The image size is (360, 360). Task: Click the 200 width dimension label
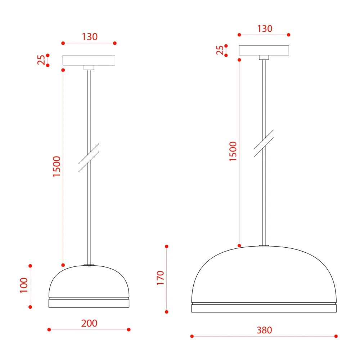pos(89,323)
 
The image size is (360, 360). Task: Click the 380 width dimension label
pos(264,330)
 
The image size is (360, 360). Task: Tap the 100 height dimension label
pos(24,285)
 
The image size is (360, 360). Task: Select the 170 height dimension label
pos(160,278)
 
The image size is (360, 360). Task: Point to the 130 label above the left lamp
pos(90,37)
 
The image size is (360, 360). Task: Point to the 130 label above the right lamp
pos(265,29)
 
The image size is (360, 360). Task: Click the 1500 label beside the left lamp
pos(57,166)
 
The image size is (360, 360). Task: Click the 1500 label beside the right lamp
pos(233,152)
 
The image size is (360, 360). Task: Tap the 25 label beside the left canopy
pos(41,60)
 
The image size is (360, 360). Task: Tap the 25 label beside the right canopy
pos(220,50)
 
